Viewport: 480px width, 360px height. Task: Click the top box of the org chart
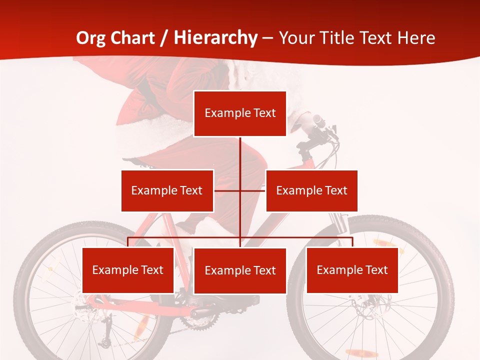(240, 113)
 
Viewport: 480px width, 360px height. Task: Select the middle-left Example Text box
(167, 190)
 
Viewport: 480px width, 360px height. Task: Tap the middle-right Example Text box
(311, 190)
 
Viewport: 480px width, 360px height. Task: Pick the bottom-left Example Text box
(128, 270)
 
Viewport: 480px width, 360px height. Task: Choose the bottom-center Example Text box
(240, 270)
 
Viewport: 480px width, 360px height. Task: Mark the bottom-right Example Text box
(352, 270)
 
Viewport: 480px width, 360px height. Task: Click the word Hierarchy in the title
(215, 37)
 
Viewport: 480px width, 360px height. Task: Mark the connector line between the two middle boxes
(240, 190)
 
